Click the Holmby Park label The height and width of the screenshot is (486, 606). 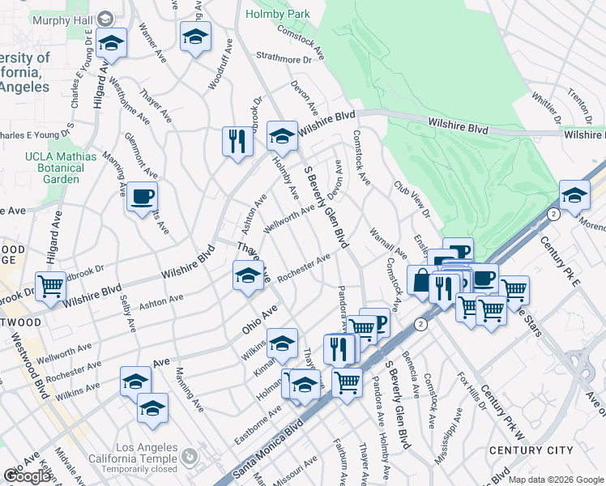278,14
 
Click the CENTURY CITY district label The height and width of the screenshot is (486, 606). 531,450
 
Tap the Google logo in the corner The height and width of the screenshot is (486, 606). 27,476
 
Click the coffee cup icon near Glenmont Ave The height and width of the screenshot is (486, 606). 142,197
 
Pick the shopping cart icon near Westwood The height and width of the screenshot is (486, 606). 51,287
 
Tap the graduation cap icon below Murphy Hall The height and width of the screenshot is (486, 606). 111,43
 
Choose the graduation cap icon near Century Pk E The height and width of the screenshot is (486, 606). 574,196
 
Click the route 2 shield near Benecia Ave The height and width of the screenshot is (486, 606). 420,324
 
